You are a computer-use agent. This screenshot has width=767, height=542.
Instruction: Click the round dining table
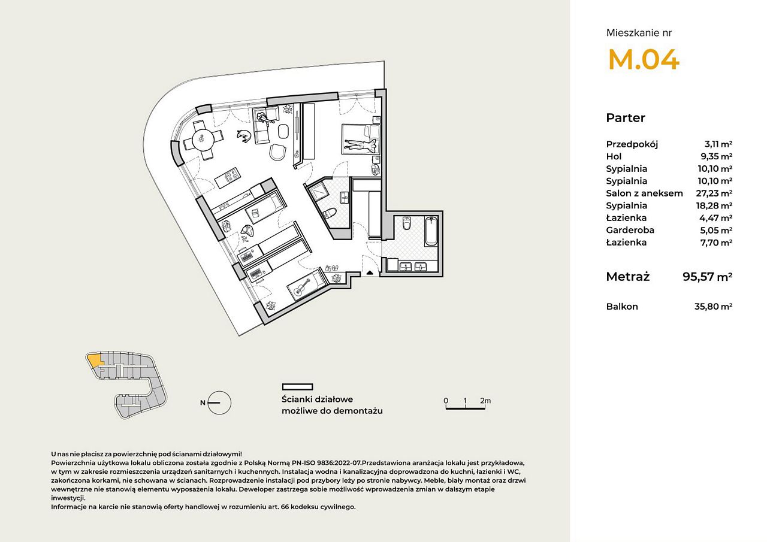coord(203,140)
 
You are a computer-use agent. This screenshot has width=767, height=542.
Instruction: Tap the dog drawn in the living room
coord(244,136)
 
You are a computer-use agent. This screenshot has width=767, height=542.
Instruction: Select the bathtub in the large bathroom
coord(431,231)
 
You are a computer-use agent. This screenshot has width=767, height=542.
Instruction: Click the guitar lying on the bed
coord(303,286)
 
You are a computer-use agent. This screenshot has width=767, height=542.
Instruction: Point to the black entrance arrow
coord(370,272)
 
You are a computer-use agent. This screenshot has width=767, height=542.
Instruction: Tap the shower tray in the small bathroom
coord(318,192)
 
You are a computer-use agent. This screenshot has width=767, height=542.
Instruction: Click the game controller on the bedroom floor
coord(247,231)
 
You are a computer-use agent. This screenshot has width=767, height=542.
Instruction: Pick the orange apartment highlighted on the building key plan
coord(94,359)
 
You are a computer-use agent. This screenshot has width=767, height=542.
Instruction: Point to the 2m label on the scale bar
coord(485,400)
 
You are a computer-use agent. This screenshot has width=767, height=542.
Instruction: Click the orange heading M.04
coord(644,60)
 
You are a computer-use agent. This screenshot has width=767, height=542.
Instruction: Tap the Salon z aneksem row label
coord(644,193)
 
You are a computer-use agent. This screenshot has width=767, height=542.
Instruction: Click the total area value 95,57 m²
coord(707,277)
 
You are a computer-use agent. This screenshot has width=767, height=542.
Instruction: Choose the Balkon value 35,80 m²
coord(713,306)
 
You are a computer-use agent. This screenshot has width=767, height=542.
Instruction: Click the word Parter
coord(625,118)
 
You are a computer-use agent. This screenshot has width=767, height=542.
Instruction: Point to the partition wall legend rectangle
coord(297,387)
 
